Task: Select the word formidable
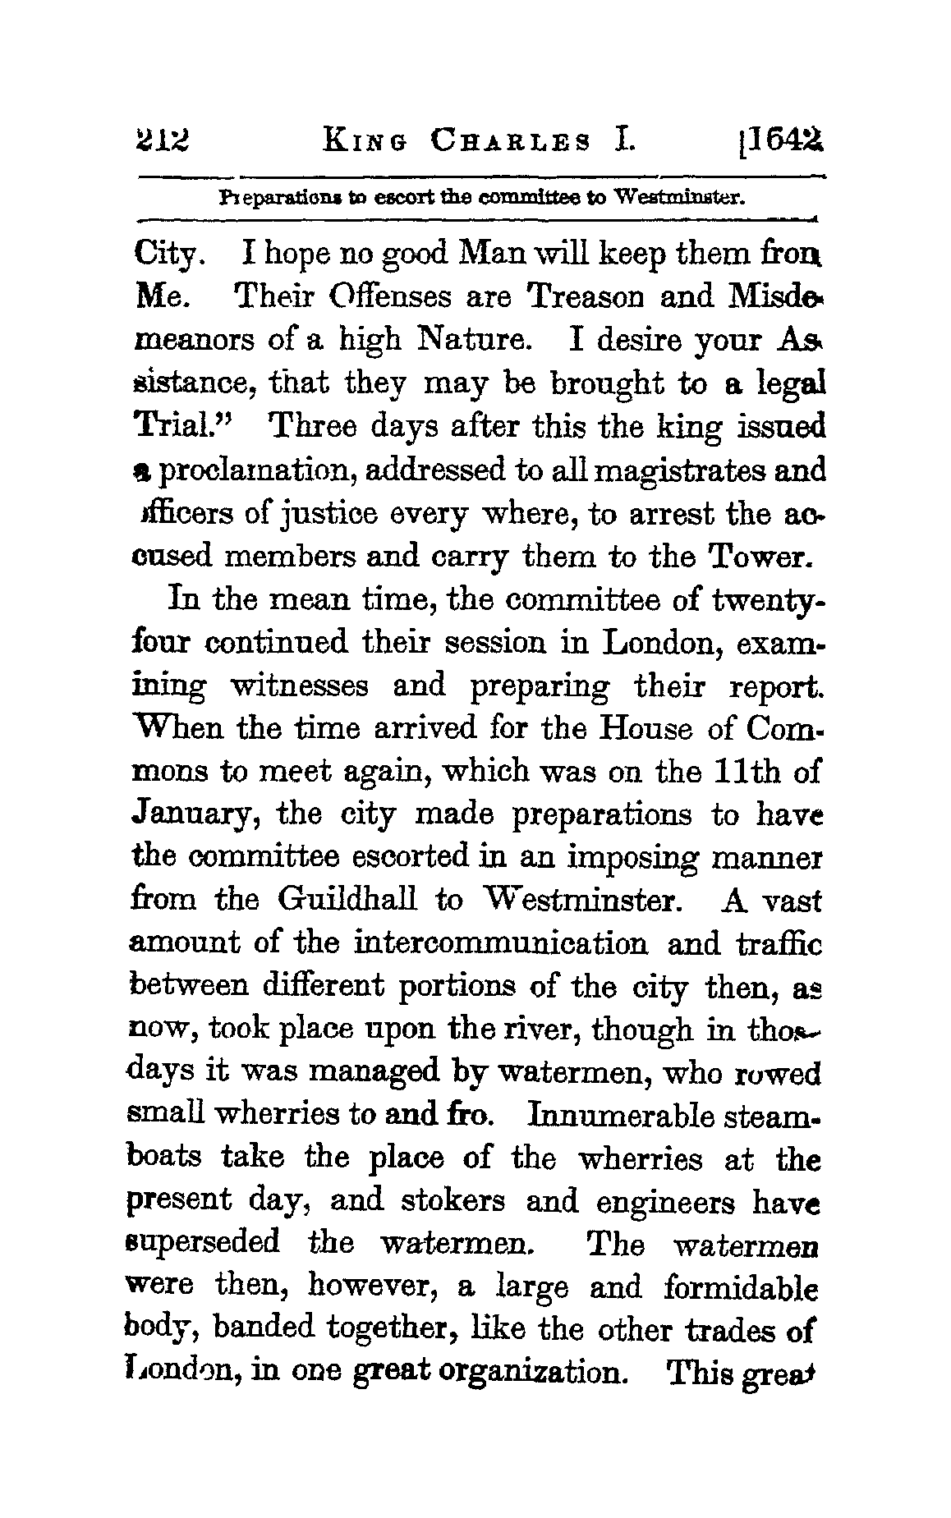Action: (x=740, y=1286)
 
